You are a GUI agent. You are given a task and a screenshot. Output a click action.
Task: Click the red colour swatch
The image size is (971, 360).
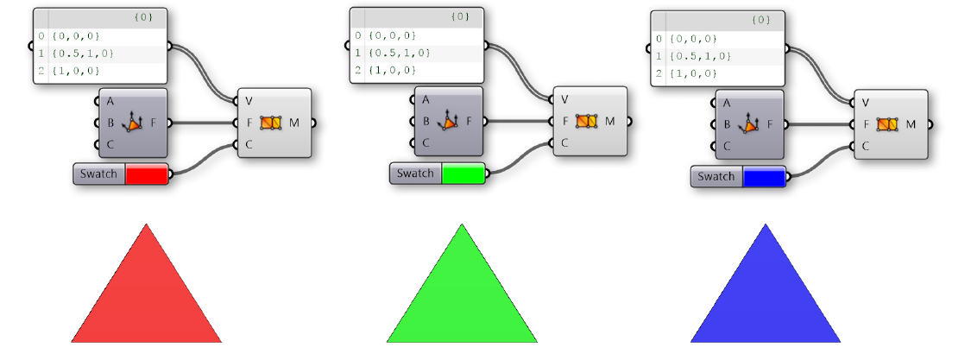[146, 174]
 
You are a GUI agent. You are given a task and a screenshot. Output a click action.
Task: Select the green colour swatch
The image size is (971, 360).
[463, 174]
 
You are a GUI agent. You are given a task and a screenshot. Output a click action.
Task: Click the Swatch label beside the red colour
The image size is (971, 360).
[99, 174]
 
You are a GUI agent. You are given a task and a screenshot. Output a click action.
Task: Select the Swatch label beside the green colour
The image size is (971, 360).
[415, 174]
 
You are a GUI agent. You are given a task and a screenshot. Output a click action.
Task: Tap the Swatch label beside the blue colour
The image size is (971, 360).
[716, 177]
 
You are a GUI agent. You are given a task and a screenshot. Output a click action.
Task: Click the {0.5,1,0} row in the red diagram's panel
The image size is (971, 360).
[83, 54]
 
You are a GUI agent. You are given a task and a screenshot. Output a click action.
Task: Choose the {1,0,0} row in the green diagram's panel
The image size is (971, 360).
[392, 71]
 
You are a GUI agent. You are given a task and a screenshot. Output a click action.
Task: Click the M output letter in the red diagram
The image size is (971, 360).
[293, 123]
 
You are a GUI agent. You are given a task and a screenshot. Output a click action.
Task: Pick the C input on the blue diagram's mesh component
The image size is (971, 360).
[865, 146]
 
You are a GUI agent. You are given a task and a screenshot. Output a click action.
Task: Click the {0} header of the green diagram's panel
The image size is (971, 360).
[460, 17]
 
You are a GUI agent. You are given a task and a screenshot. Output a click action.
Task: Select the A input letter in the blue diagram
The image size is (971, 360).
[726, 104]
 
